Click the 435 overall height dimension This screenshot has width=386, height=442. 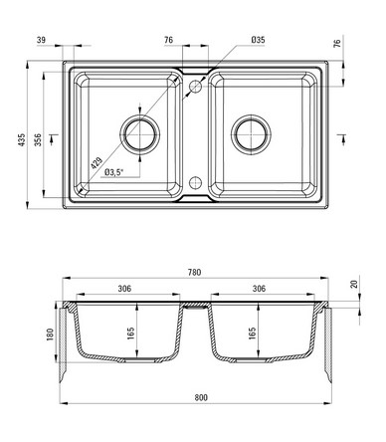pos(22,140)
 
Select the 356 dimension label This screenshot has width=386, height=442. pos(38,140)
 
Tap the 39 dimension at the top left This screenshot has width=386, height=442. pos(41,40)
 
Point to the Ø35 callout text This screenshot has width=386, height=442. pos(258,40)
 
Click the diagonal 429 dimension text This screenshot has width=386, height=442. pos(96,162)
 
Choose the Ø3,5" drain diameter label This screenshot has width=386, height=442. pos(113,172)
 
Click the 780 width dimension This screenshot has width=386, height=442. pos(194,273)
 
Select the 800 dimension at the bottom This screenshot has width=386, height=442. pos(201,397)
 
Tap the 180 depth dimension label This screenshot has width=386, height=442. pos(50,334)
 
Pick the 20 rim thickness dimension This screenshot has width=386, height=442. pos(354,284)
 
